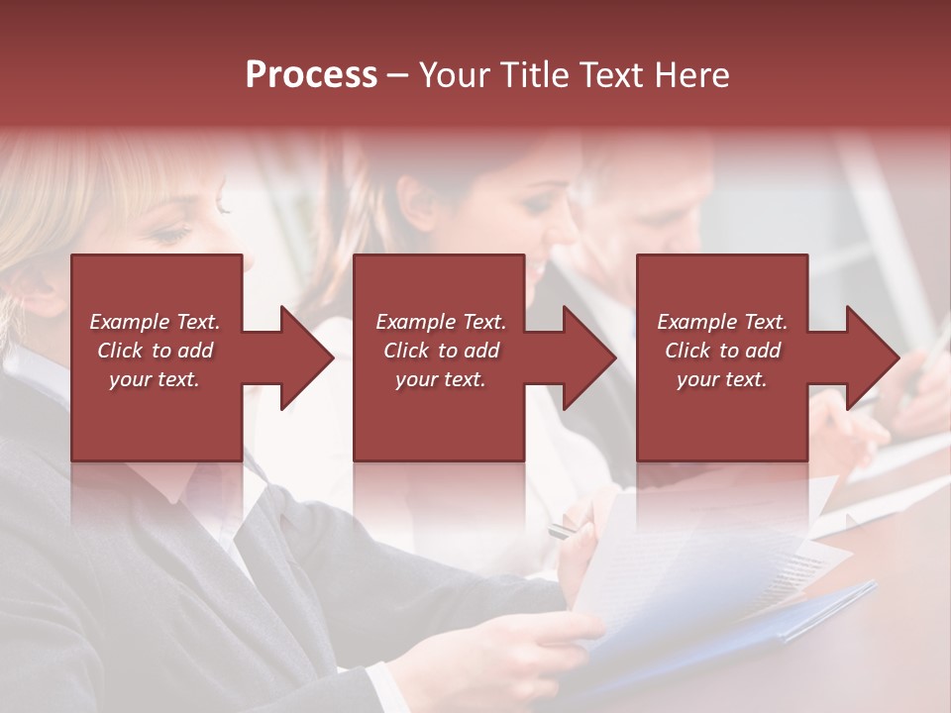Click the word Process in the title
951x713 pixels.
click(x=311, y=74)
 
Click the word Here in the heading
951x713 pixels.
click(x=691, y=74)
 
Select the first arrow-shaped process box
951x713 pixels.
click(x=157, y=357)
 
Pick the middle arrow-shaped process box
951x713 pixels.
click(x=439, y=357)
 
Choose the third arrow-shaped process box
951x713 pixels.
click(x=721, y=357)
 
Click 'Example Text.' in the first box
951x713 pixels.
click(x=155, y=322)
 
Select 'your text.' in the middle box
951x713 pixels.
click(x=440, y=379)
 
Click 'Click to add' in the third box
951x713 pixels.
click(x=722, y=351)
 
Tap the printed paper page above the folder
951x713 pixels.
click(x=693, y=555)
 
